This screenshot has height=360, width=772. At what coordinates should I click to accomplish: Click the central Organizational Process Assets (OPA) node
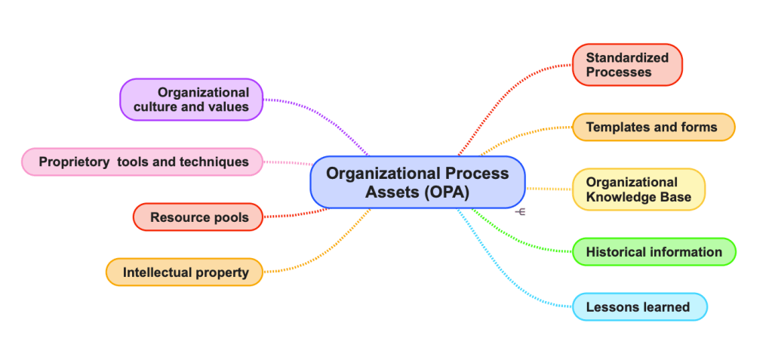point(417,182)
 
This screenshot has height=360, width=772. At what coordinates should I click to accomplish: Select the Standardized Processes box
point(627,65)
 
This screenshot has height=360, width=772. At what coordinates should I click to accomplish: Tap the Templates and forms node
point(653,127)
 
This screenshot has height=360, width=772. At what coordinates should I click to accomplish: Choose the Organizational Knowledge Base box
point(638,189)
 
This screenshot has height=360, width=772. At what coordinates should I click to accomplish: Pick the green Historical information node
point(654,252)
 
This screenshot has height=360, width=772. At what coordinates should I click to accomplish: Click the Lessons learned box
point(638,306)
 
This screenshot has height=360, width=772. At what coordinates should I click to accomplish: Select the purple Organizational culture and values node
point(191,100)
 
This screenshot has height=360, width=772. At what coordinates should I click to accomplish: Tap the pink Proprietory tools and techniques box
point(143,162)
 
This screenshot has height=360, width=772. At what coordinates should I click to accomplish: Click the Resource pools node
point(198,217)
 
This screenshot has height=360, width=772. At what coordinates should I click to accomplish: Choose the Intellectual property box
point(185,272)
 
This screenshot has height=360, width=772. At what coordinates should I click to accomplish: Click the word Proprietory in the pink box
point(75,162)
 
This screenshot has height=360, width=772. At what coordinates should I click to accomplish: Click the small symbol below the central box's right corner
point(520,211)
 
